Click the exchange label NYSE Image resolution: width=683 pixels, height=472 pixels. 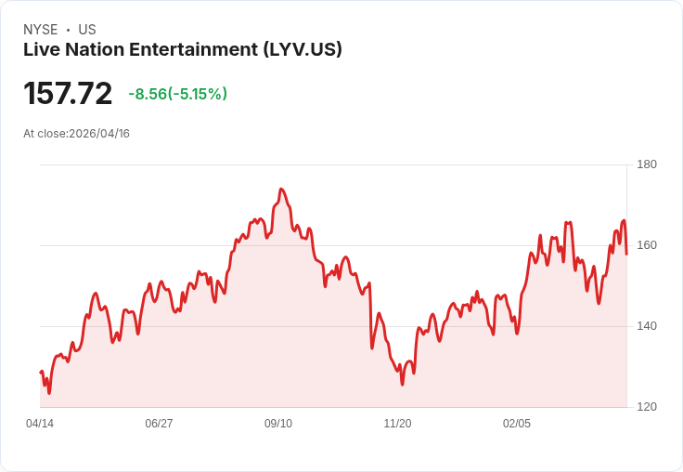[40, 30]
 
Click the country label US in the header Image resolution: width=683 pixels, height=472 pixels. [87, 30]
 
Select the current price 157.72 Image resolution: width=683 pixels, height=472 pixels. [68, 94]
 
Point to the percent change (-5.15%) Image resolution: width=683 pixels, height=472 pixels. [198, 94]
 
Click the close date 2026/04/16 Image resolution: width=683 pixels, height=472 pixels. [99, 134]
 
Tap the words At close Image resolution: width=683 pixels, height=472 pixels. [45, 134]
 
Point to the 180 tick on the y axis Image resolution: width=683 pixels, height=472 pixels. [647, 164]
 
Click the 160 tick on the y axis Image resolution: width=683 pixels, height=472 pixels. [647, 245]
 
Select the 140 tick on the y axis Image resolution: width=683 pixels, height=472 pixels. [647, 326]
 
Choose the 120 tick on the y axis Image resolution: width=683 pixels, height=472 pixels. [647, 407]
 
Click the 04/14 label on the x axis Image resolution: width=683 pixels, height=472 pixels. [40, 424]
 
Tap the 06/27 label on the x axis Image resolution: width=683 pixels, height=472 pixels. [159, 424]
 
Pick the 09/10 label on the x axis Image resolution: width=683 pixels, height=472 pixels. [278, 424]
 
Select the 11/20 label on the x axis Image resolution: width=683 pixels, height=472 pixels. [397, 424]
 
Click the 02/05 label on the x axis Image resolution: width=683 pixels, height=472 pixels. [517, 424]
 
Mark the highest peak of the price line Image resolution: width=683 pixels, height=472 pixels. [280, 189]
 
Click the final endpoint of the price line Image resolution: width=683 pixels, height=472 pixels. [626, 254]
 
